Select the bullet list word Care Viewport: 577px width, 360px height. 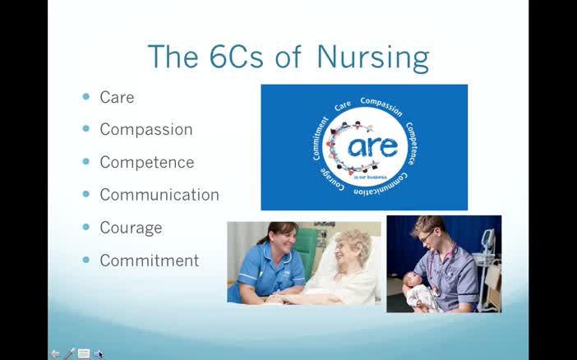117,97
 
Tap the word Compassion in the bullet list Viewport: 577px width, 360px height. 146,130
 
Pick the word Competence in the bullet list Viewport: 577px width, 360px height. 147,163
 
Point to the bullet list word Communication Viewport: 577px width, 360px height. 159,195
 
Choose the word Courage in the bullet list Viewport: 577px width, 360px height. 131,228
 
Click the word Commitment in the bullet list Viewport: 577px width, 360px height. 150,261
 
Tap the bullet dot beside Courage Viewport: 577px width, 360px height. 86,227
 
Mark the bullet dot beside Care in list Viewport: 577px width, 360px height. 86,96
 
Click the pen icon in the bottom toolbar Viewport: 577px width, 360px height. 69,353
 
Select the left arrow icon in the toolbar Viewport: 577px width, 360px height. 55,353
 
